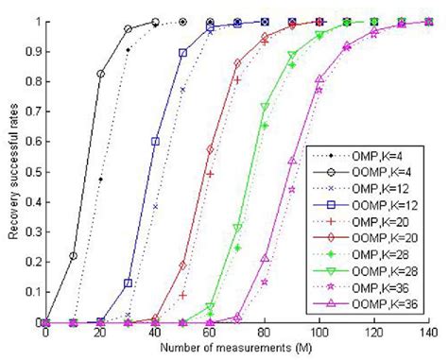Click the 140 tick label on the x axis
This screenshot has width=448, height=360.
(428, 334)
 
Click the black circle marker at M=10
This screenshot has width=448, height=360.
(74, 256)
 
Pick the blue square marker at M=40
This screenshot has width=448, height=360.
(155, 142)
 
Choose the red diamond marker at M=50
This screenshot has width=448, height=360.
(182, 266)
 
